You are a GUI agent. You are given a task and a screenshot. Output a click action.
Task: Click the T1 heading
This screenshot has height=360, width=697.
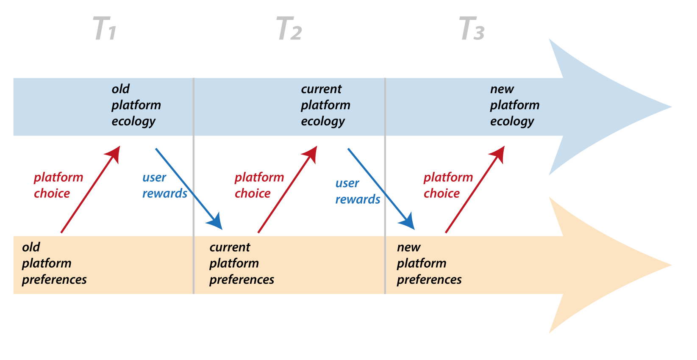pos(104,29)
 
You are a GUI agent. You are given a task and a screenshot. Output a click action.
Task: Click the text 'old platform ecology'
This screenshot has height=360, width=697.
pos(136,105)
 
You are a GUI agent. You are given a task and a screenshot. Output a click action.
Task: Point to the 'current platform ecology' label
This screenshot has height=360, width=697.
pos(325,105)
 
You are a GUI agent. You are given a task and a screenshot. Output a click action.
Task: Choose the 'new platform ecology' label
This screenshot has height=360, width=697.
pos(514,105)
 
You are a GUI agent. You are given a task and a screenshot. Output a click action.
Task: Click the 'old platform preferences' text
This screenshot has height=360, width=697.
pos(54,263)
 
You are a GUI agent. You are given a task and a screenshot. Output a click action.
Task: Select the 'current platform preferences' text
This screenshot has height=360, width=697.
pos(242,263)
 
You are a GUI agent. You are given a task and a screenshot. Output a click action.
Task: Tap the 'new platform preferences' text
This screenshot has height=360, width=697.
pos(429,263)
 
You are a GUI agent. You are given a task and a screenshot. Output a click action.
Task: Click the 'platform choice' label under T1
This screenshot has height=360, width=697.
pos(58,185)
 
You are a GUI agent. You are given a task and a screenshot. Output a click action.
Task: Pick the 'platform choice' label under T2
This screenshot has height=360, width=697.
pos(259,185)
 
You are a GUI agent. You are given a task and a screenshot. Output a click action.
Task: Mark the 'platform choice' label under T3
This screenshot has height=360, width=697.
pos(448,185)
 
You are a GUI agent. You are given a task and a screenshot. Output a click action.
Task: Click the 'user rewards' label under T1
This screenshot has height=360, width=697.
pos(164,186)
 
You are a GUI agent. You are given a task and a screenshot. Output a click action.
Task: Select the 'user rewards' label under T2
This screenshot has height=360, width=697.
pos(357,191)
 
